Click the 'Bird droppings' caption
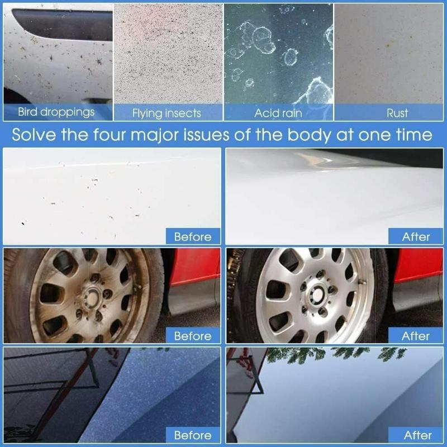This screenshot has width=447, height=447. click(x=56, y=112)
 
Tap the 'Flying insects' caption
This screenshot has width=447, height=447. click(x=167, y=113)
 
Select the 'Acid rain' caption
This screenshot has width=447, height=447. click(x=278, y=113)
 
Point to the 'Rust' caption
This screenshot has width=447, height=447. click(x=397, y=113)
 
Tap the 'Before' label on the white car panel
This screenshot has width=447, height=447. click(x=192, y=236)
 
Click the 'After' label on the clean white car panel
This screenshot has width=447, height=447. click(x=416, y=236)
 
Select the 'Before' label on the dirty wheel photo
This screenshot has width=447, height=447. click(x=192, y=336)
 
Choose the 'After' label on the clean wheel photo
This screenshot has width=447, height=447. click(x=416, y=336)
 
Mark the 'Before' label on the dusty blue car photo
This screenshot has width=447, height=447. click(x=192, y=435)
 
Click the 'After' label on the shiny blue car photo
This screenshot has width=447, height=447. click(x=416, y=435)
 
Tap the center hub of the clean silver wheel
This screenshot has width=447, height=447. click(x=317, y=293)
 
